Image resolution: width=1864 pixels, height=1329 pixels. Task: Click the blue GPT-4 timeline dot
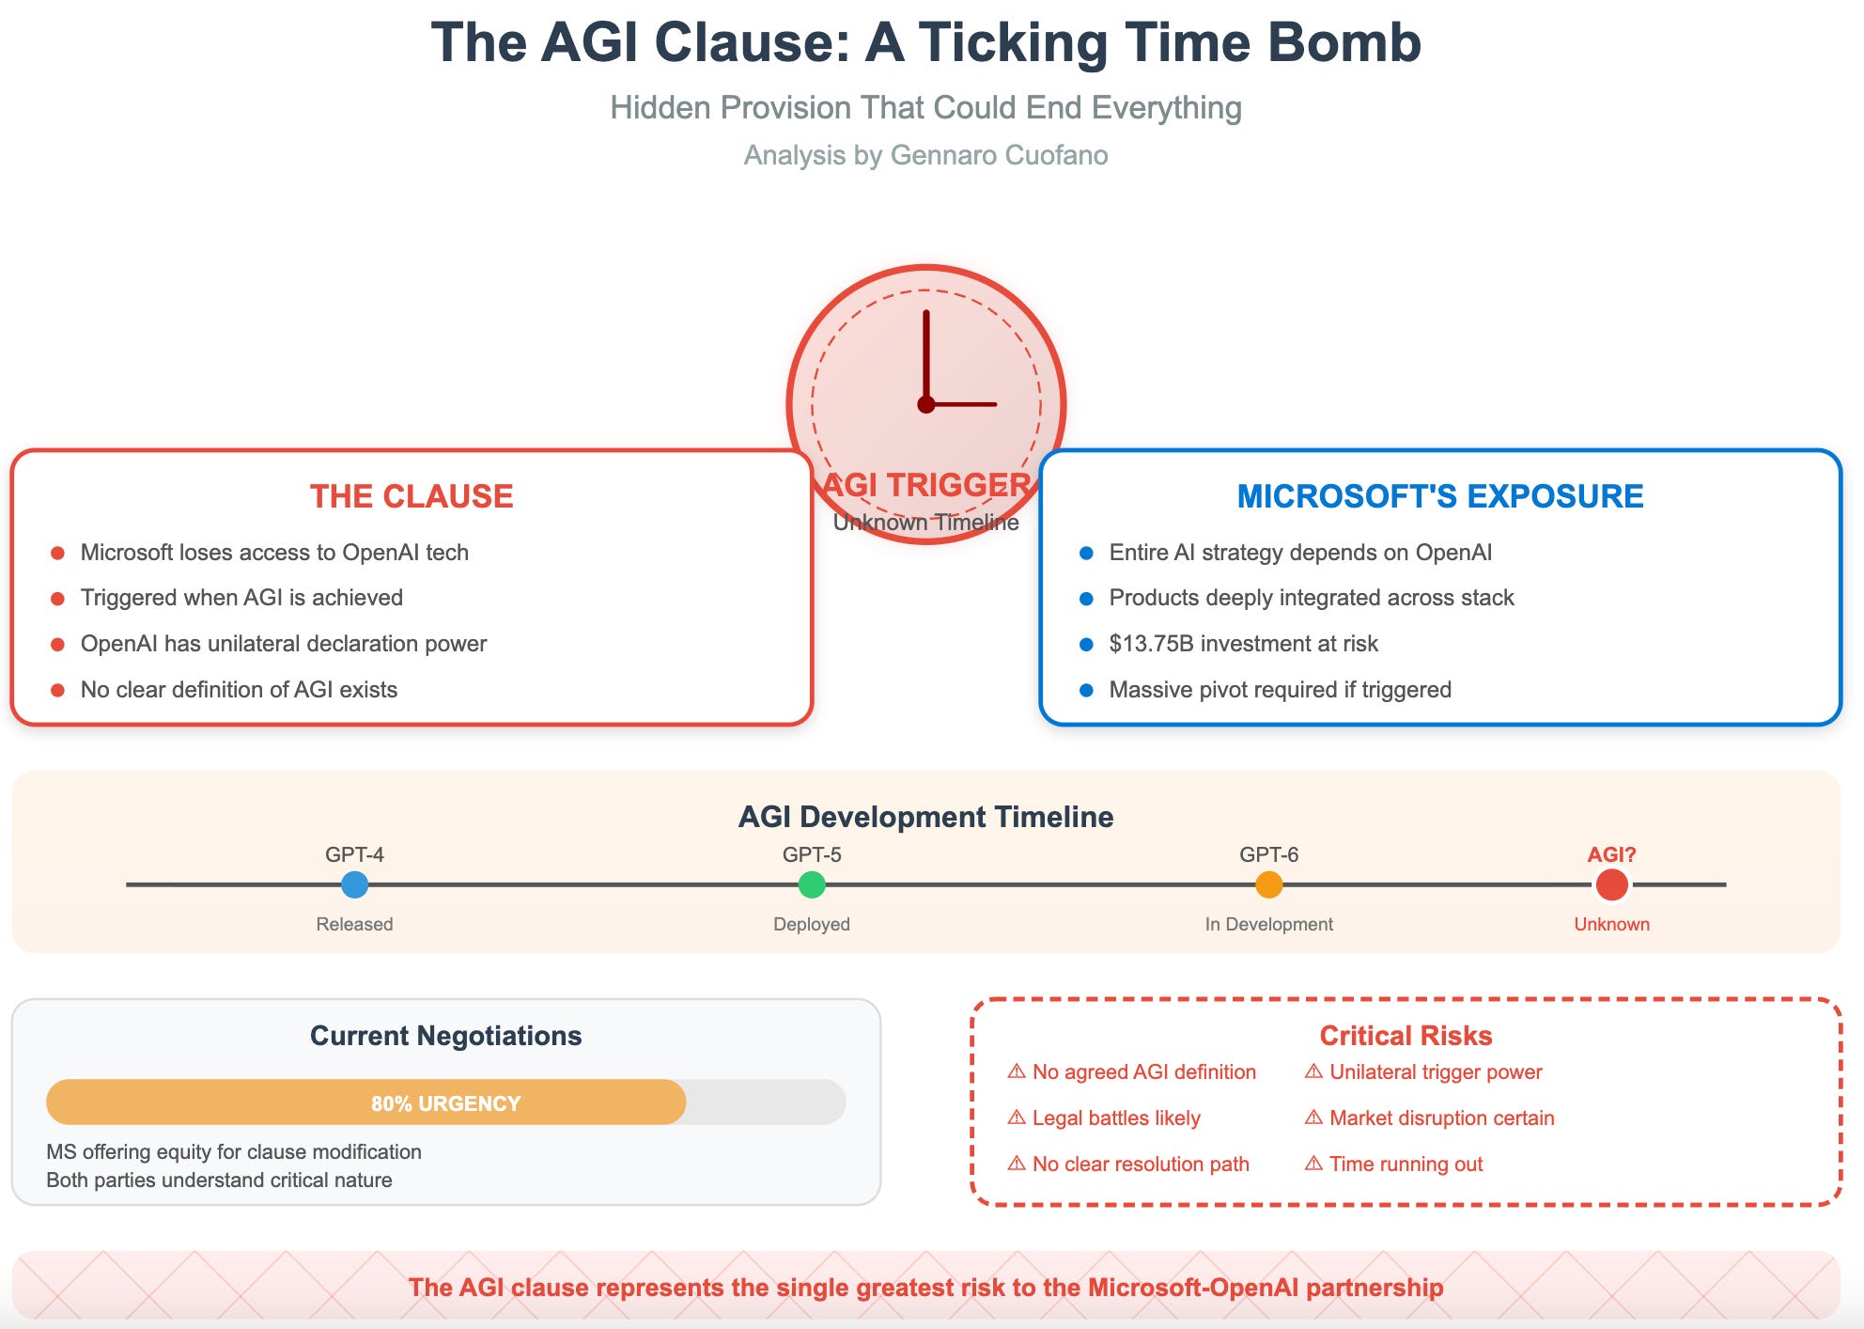coord(354,884)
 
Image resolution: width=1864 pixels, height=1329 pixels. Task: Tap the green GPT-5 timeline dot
coord(812,884)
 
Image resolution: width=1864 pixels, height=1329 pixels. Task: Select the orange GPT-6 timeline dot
coord(1269,884)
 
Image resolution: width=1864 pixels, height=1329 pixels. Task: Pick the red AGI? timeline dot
coord(1611,884)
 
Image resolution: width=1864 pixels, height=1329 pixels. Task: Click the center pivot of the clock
coord(926,404)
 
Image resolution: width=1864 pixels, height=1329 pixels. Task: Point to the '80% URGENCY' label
coord(445,1103)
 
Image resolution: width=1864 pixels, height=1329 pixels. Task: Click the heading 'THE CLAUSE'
coord(412,496)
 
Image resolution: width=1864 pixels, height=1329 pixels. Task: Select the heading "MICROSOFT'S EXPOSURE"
coord(1440,496)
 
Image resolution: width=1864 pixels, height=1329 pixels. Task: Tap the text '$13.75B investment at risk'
coord(1243,644)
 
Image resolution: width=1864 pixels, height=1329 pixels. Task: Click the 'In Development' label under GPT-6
coord(1269,924)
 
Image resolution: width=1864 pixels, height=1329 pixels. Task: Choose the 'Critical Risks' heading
coord(1406,1036)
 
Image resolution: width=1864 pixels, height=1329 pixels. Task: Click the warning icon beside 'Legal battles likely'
coord(1017,1118)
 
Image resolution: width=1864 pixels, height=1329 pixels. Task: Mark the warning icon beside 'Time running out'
coord(1313,1164)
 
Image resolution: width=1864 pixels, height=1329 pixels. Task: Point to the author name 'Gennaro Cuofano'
coord(999,155)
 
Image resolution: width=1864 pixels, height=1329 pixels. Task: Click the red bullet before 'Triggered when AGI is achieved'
coord(57,599)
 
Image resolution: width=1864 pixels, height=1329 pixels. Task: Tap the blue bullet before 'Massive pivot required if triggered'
coord(1086,691)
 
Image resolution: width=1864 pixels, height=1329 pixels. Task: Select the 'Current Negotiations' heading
coord(445,1036)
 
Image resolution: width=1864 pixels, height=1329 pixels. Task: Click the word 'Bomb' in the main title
coord(1344,43)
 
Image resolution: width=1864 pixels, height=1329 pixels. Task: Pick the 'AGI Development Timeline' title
coord(925,817)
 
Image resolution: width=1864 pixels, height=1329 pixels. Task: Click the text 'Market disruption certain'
coord(1442,1118)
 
